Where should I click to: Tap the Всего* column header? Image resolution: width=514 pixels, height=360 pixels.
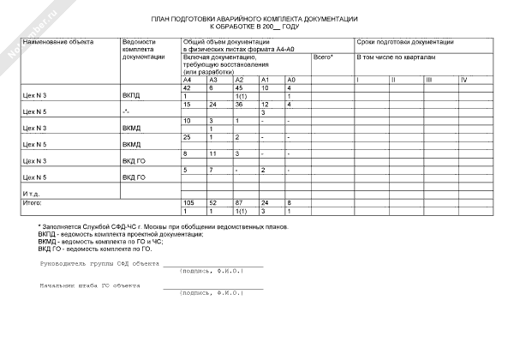coord(323,57)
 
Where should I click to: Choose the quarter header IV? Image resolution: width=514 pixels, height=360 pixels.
coord(463,80)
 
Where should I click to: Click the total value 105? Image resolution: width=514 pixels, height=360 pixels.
coord(189,202)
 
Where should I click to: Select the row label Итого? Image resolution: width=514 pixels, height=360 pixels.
coord(32,202)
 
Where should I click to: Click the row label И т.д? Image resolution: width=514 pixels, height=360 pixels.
coord(32,194)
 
